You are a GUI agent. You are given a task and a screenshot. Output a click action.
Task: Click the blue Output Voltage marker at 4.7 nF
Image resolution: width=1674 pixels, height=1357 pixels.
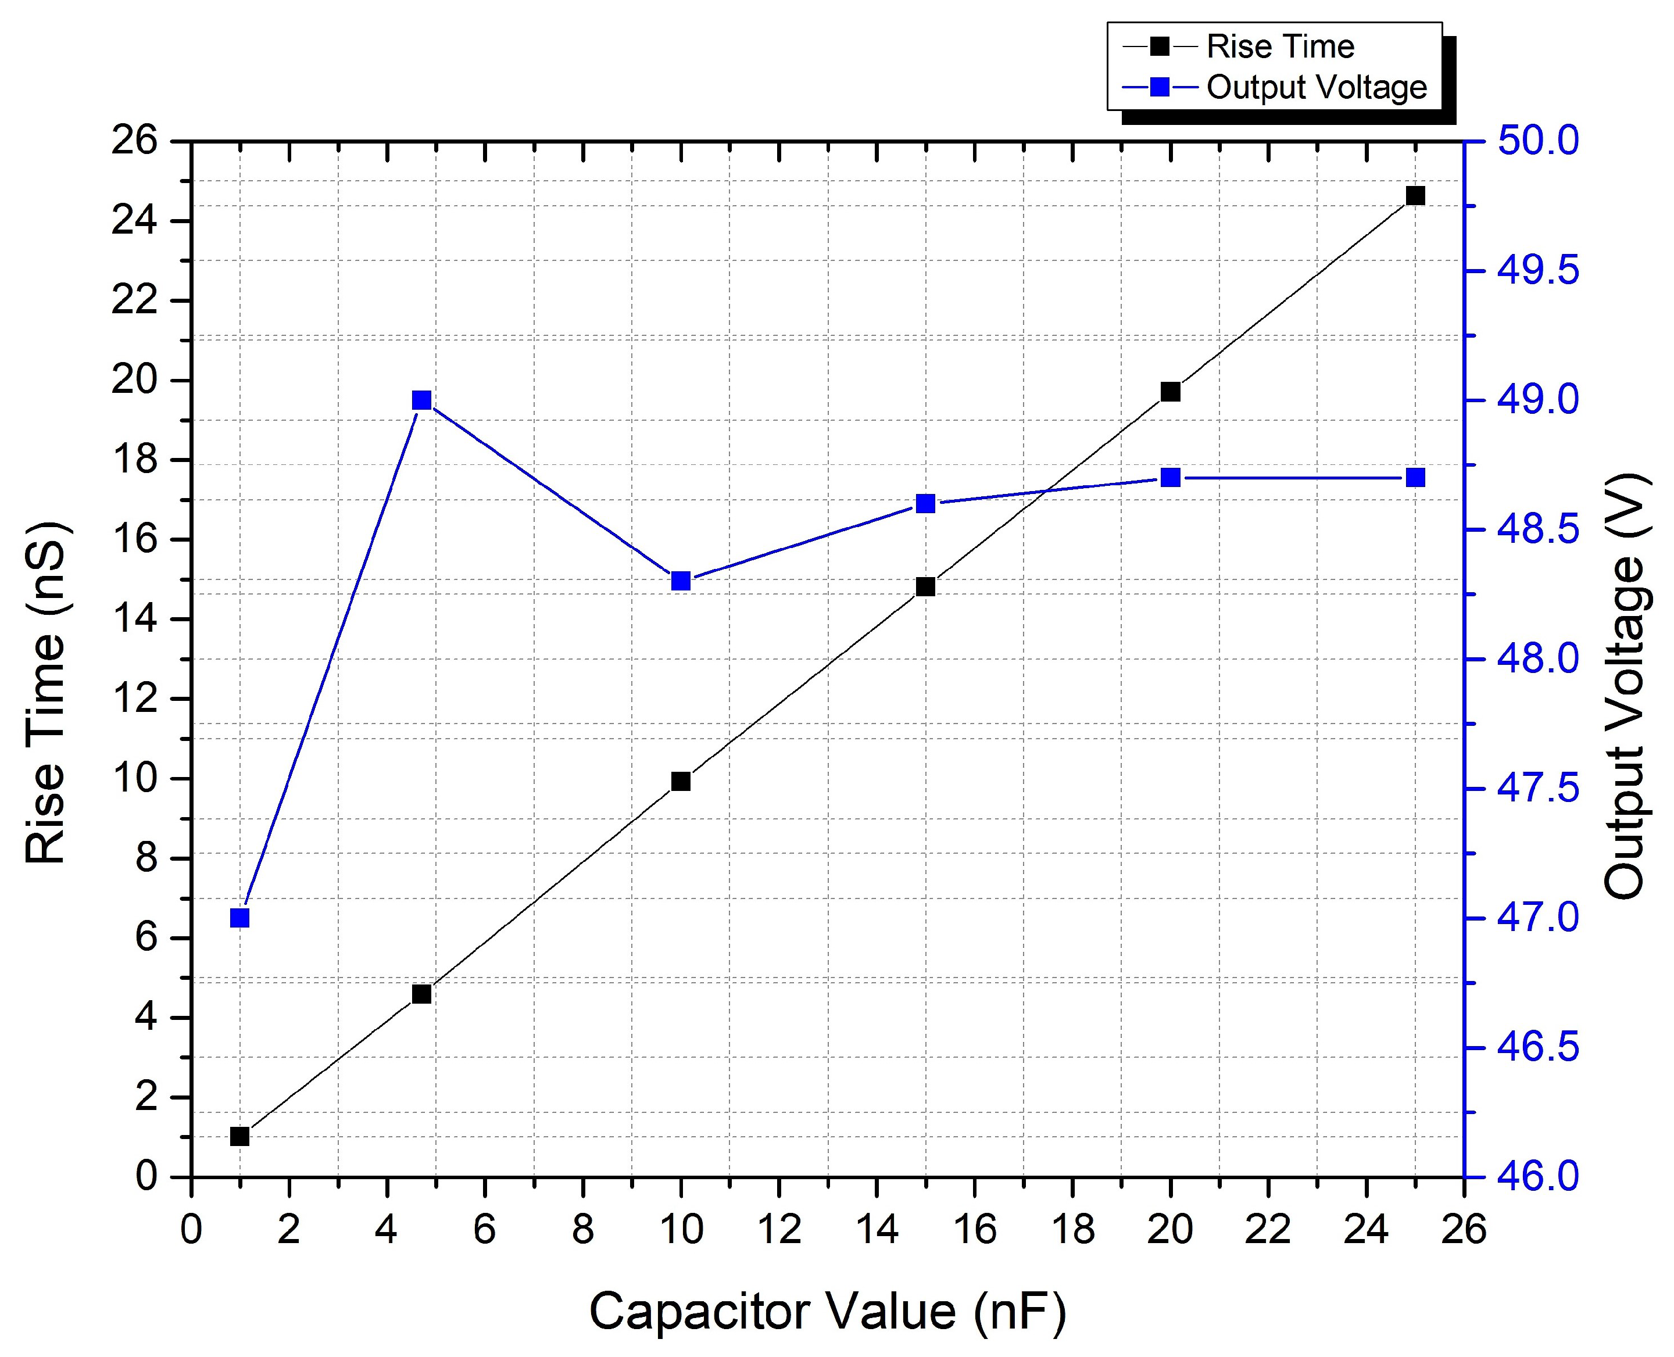pos(421,400)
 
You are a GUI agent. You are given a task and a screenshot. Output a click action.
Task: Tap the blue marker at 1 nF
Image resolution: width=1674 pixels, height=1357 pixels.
pos(240,918)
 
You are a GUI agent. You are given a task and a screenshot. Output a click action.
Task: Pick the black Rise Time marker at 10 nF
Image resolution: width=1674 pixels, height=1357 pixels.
pos(681,781)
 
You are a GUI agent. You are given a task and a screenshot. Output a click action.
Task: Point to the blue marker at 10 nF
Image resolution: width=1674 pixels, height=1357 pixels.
pos(681,581)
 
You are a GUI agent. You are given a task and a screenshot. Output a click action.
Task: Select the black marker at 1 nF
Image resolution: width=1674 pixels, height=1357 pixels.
pos(240,1136)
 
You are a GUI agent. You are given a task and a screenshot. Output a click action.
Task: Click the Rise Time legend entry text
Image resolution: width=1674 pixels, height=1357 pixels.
pos(1280,47)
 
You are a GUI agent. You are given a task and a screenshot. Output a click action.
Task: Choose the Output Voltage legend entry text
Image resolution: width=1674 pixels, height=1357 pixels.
pos(1317,87)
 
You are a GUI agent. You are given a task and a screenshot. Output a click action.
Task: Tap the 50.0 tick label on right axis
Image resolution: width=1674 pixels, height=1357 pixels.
pos(1537,141)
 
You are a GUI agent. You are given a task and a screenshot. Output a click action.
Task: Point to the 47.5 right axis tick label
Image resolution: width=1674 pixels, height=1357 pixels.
pos(1537,789)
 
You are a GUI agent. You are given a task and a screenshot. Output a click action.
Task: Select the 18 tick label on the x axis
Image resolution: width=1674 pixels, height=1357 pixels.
pos(1073,1230)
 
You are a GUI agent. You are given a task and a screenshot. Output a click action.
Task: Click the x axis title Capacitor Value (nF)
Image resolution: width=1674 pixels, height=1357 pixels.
pos(827,1311)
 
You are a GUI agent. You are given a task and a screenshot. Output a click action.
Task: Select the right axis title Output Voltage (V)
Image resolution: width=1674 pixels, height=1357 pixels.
pos(1625,686)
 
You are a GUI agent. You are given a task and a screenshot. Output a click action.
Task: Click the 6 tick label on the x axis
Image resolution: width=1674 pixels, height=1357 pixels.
pos(485,1230)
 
